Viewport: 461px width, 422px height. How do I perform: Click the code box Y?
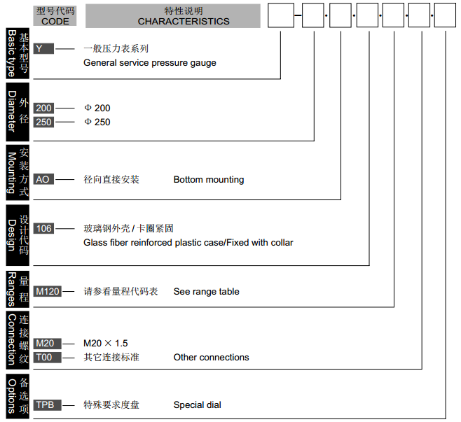tap(43, 49)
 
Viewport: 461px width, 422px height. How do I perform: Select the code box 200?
tap(43, 108)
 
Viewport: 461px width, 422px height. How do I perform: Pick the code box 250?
tap(43, 122)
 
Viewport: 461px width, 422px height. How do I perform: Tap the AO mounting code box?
tap(43, 179)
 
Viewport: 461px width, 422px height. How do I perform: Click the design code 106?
tap(43, 228)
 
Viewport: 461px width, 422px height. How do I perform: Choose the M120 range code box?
tap(48, 291)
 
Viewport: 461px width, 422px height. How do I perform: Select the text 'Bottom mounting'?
tap(209, 180)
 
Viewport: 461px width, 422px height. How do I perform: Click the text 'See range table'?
tap(206, 292)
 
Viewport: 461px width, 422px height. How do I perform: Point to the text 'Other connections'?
tap(211, 358)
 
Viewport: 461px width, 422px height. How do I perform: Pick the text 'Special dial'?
tap(197, 405)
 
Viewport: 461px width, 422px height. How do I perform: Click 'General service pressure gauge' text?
tap(149, 63)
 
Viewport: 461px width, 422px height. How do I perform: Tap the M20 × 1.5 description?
tap(105, 344)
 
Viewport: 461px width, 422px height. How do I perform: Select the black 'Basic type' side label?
tap(11, 52)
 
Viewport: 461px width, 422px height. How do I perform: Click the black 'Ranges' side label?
tap(11, 288)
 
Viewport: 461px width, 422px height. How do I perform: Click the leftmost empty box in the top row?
tap(281, 15)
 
